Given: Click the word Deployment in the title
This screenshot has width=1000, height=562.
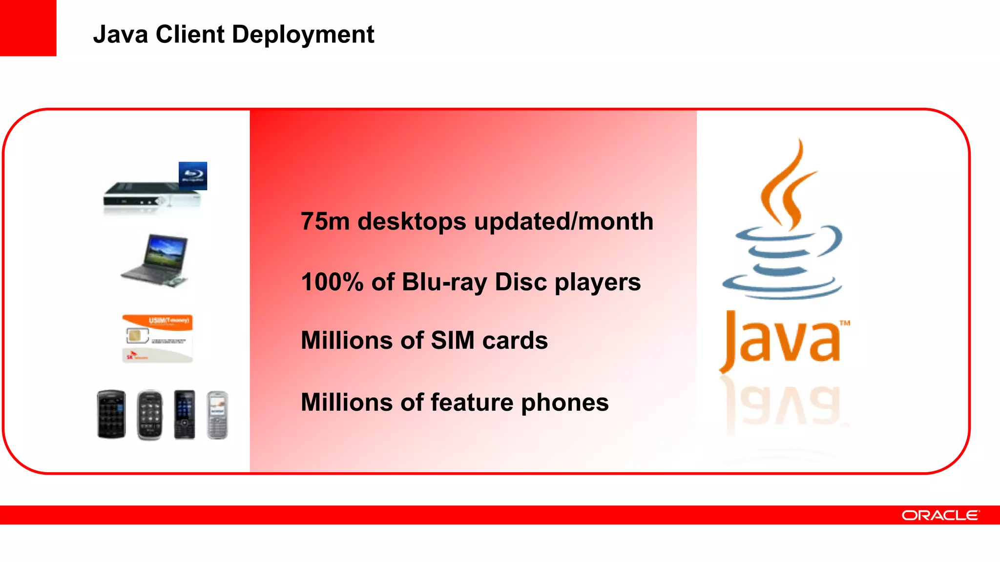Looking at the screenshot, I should tap(303, 35).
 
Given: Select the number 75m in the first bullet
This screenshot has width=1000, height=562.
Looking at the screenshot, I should tap(325, 221).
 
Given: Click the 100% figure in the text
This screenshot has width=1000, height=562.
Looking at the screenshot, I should tap(332, 282).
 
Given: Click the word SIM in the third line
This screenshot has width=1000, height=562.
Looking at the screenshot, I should tap(453, 341).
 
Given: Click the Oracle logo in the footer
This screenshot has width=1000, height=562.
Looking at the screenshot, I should tap(940, 515).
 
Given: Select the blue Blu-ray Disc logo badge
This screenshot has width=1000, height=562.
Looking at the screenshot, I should tap(193, 176).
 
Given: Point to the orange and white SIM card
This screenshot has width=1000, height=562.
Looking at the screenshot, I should tap(157, 339).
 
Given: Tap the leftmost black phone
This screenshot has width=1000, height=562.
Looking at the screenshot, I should tap(111, 415).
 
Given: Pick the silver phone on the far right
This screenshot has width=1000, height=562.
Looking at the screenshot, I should tap(217, 415).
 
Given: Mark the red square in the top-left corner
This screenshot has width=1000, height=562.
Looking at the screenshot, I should tap(28, 28).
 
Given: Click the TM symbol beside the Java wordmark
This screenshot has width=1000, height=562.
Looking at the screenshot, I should tap(845, 323).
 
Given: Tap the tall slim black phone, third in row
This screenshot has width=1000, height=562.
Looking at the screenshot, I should tap(185, 415).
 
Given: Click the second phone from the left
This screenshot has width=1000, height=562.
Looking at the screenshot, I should tap(149, 415).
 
